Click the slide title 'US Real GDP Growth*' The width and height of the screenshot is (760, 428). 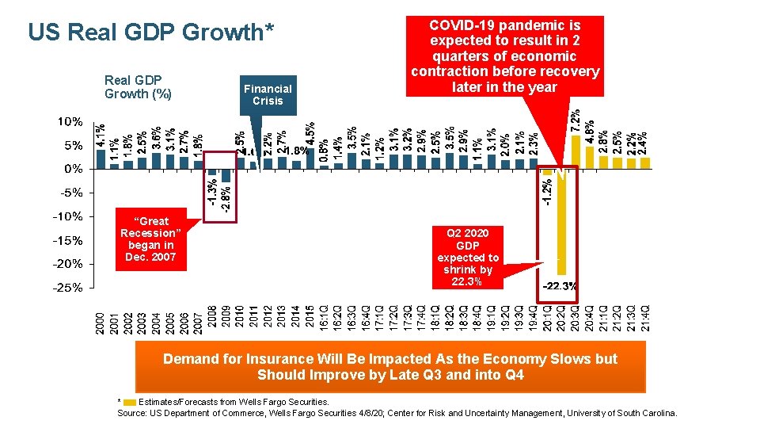pyautogui.click(x=151, y=32)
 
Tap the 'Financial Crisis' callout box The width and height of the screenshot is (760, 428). pyautogui.click(x=268, y=95)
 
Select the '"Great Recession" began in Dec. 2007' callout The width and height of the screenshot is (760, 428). pyautogui.click(x=150, y=239)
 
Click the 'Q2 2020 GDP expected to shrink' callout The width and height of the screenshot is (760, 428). pyautogui.click(x=468, y=257)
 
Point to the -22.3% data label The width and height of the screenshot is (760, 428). pyautogui.click(x=559, y=285)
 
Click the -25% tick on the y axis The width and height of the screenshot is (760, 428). pyautogui.click(x=68, y=288)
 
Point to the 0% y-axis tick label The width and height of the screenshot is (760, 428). pyautogui.click(x=73, y=169)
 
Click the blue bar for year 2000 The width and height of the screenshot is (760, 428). pyautogui.click(x=101, y=159)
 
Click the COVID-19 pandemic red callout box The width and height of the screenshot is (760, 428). pyautogui.click(x=504, y=56)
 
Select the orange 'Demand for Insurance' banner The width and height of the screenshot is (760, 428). pyautogui.click(x=390, y=367)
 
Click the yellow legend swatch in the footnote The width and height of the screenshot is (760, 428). pyautogui.click(x=130, y=403)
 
